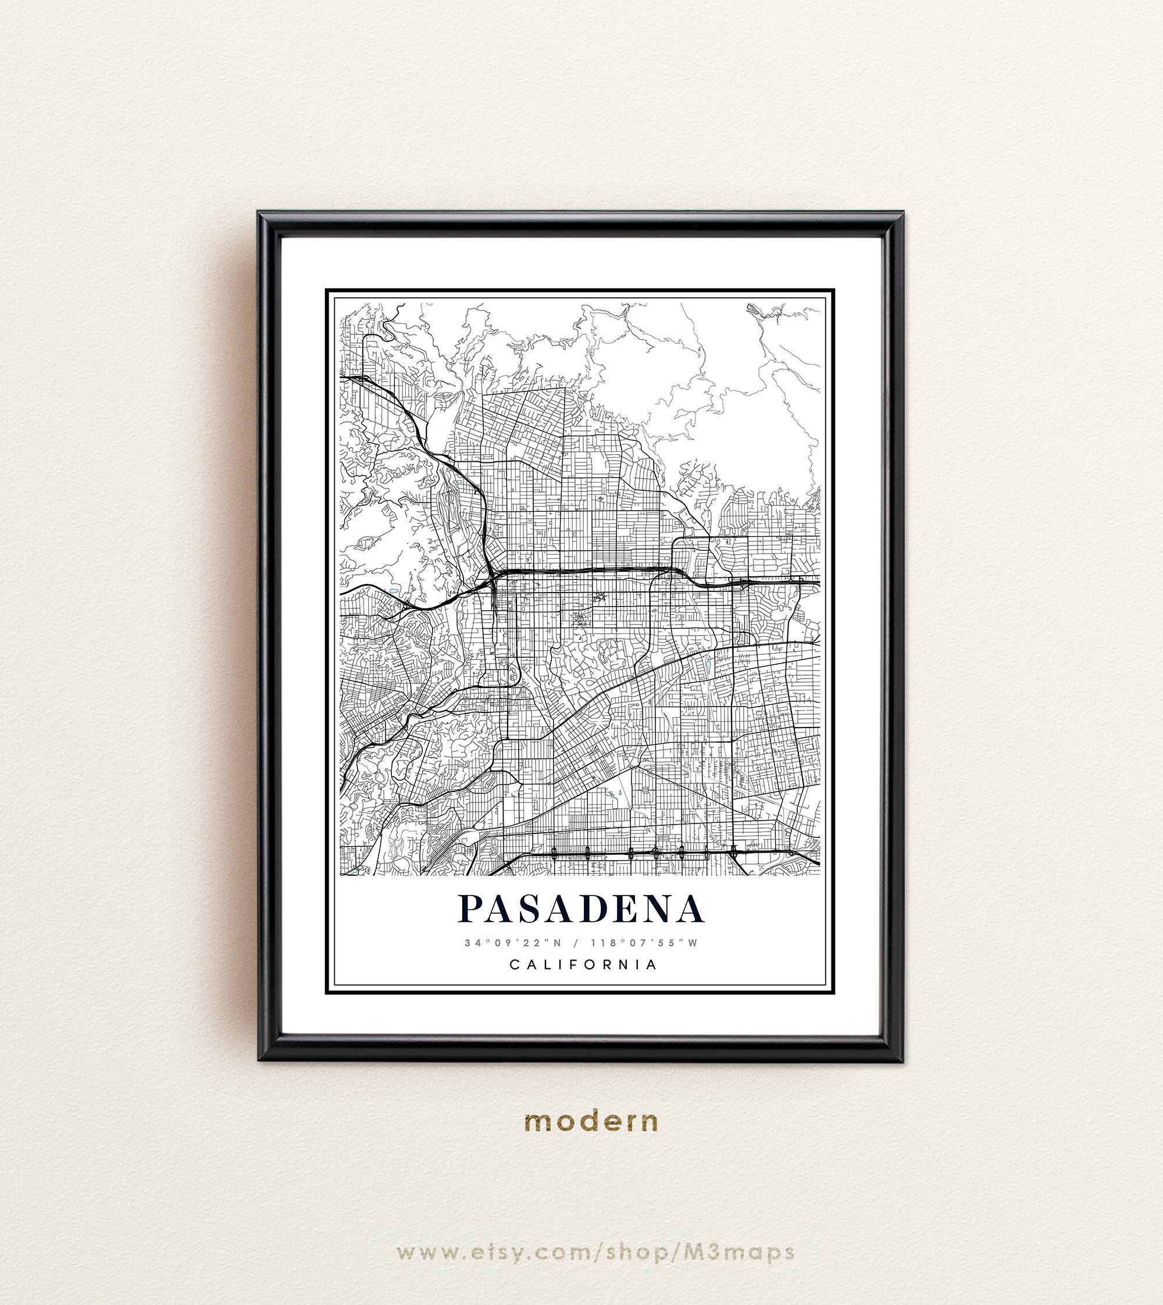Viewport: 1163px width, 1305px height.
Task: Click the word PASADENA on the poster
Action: (581, 908)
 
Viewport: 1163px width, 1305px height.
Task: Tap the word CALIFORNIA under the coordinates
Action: (583, 964)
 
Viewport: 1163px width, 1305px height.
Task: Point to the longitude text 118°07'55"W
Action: (645, 943)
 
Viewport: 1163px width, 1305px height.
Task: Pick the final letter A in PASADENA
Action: (689, 908)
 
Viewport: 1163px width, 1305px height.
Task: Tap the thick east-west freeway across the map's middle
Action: (588, 568)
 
